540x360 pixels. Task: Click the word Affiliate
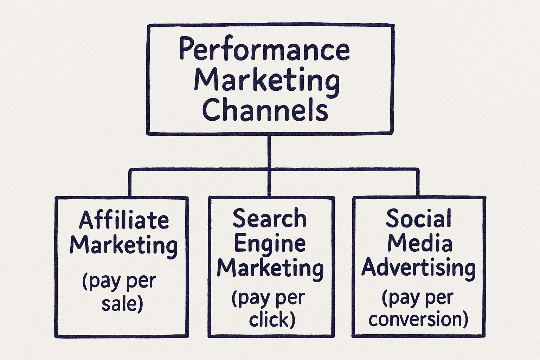click(x=124, y=220)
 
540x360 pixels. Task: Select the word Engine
click(x=269, y=243)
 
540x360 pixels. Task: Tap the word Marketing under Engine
click(x=270, y=268)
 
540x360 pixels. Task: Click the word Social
click(x=418, y=218)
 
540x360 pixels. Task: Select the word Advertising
click(x=418, y=268)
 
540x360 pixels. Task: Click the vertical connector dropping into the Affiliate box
click(x=130, y=183)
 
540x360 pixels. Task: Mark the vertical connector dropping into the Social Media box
click(x=418, y=183)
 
